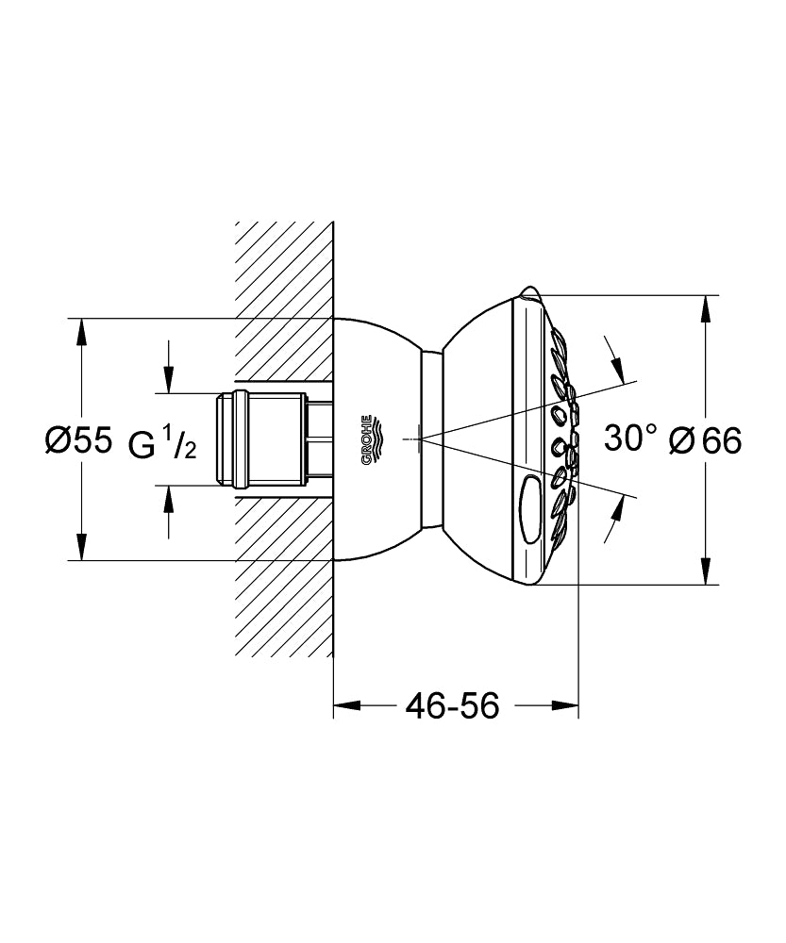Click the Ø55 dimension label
pyautogui.click(x=78, y=439)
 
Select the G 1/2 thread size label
pyautogui.click(x=162, y=444)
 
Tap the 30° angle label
pyautogui.click(x=630, y=438)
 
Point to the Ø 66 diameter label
pyautogui.click(x=704, y=439)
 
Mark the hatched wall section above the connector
pyautogui.click(x=283, y=302)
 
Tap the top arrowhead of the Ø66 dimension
pyautogui.click(x=705, y=308)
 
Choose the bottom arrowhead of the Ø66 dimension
pyautogui.click(x=705, y=572)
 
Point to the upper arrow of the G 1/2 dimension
pyautogui.click(x=169, y=382)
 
